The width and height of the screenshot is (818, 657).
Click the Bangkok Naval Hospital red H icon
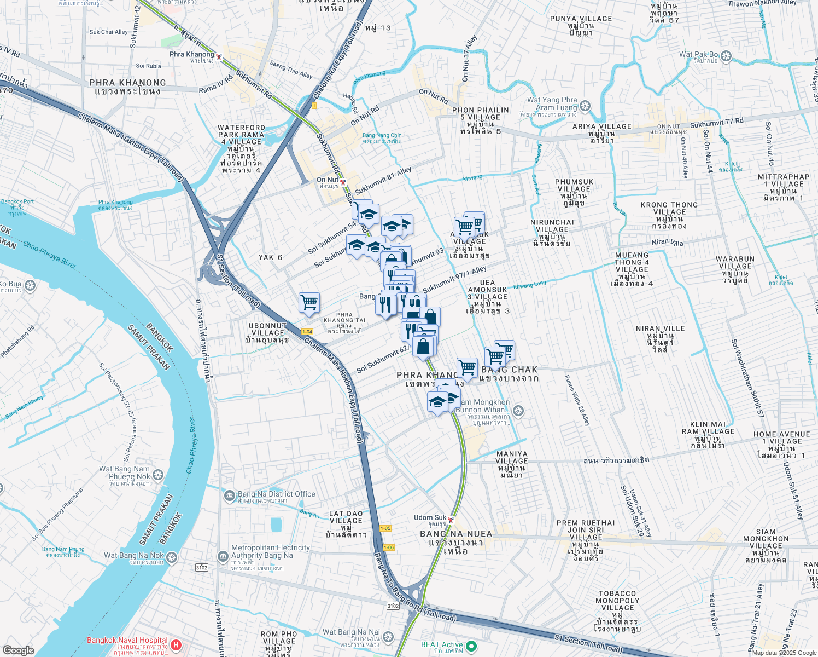[x=176, y=645]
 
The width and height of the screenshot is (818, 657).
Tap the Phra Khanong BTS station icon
[x=219, y=57]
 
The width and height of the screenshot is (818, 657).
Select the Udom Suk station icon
[x=451, y=520]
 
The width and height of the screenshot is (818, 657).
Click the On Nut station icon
[x=343, y=182]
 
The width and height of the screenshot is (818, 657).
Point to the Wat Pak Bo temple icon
[x=726, y=56]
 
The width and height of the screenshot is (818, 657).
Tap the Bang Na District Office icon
[x=230, y=496]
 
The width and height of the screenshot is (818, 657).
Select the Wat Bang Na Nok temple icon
[x=172, y=557]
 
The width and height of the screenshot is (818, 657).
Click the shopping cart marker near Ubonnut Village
[x=309, y=302]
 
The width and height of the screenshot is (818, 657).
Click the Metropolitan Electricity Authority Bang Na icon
[x=223, y=557]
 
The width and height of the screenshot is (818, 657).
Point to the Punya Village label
[x=581, y=26]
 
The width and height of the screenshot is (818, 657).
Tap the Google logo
[x=18, y=650]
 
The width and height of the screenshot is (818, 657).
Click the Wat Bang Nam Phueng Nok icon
[x=158, y=475]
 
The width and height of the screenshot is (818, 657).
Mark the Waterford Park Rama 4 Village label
[x=241, y=148]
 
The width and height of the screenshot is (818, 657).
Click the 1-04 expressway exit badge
[x=307, y=332]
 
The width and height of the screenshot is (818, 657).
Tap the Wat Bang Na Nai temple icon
[x=388, y=637]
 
